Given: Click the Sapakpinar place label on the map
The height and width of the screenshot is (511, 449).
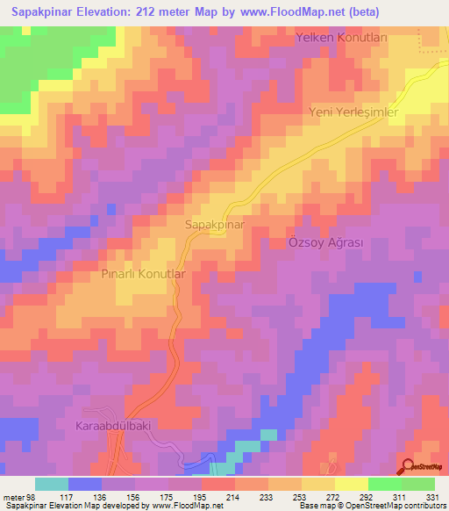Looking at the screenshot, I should pos(214,225).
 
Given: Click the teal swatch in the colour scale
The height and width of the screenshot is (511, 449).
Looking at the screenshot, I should pos(51,484).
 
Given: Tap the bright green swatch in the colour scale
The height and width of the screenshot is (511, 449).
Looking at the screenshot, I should pos(384,484).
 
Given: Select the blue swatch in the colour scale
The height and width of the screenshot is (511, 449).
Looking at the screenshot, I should pos(84,484).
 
